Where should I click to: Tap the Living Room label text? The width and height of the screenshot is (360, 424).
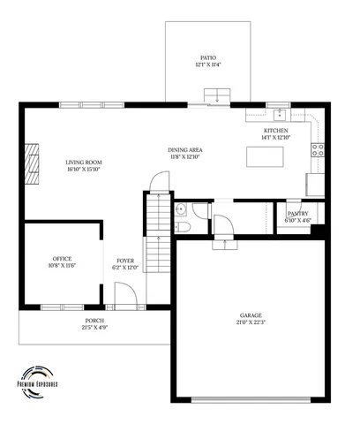click(x=85, y=162)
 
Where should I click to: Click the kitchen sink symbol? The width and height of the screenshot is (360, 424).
click(x=279, y=113)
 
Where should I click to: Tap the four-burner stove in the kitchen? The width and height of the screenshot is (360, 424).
click(x=318, y=149)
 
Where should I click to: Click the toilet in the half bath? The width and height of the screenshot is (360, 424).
click(x=183, y=227)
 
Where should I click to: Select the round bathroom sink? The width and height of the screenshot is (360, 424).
click(x=180, y=209)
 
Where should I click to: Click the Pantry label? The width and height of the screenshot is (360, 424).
click(x=296, y=213)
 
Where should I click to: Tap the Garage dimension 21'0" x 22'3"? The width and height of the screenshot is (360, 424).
click(x=251, y=322)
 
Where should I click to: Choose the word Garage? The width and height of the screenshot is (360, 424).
click(x=251, y=314)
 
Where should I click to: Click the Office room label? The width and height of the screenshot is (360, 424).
click(x=63, y=258)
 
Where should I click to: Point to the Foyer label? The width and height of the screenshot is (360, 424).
click(x=125, y=261)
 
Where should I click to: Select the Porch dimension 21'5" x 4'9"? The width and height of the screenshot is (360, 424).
click(x=94, y=327)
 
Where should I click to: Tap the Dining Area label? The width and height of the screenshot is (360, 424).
click(x=184, y=149)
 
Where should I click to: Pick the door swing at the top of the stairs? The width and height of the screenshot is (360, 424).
click(x=159, y=182)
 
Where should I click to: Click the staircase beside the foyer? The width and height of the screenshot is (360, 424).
click(x=155, y=234)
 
